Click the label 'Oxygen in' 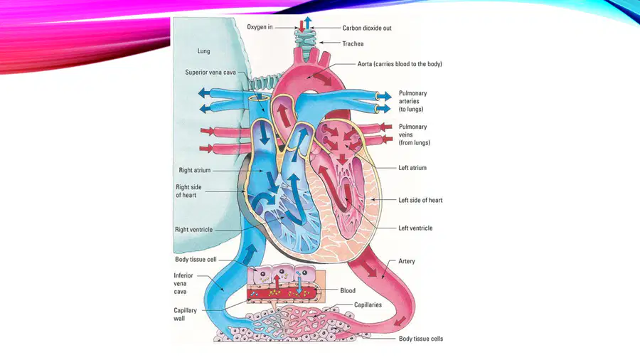pyautogui.click(x=260, y=27)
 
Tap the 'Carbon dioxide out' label pyautogui.click(x=366, y=28)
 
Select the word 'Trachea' pyautogui.click(x=353, y=43)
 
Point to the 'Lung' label pyautogui.click(x=203, y=51)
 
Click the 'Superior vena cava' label pyautogui.click(x=210, y=73)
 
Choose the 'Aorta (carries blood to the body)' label pyautogui.click(x=400, y=64)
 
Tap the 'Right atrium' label pyautogui.click(x=195, y=170)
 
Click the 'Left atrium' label pyautogui.click(x=412, y=168)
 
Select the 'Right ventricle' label pyautogui.click(x=194, y=229)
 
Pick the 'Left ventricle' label pyautogui.click(x=415, y=228)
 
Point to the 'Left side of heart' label pyautogui.click(x=420, y=200)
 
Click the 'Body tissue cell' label pyautogui.click(x=196, y=259)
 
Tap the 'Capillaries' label pyautogui.click(x=368, y=305)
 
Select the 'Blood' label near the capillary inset pyautogui.click(x=348, y=290)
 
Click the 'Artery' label pyautogui.click(x=407, y=261)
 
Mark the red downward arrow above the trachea pyautogui.click(x=302, y=26)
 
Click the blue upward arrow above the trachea pyautogui.click(x=308, y=23)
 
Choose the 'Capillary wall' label pyautogui.click(x=186, y=314)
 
